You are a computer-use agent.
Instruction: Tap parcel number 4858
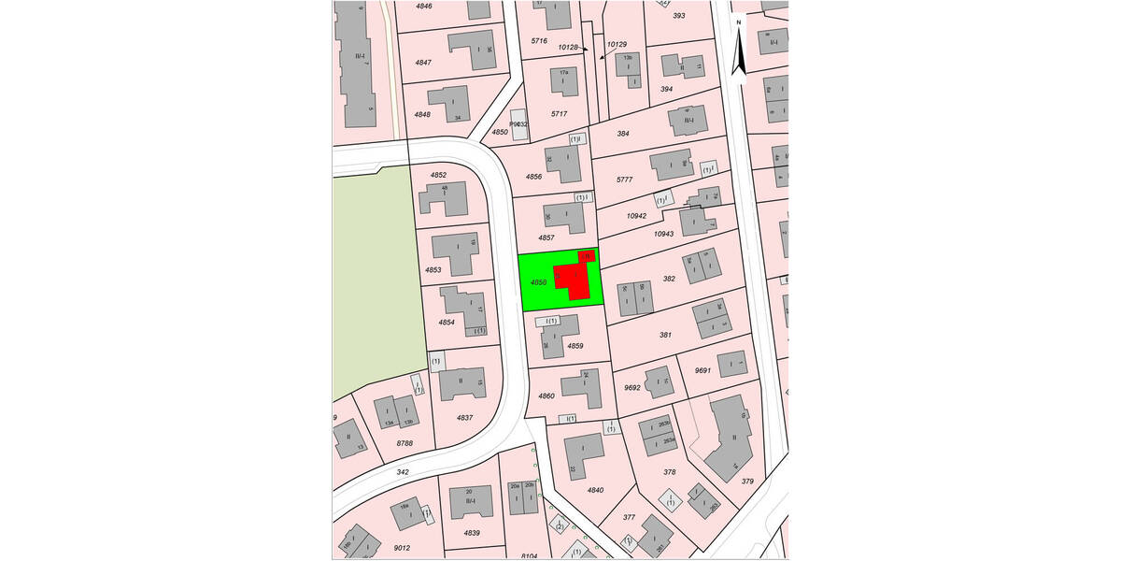tap(538, 281)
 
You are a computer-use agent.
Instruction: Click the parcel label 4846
tap(424, 7)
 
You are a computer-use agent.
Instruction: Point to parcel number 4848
tap(422, 114)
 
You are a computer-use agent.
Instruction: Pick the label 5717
tap(559, 114)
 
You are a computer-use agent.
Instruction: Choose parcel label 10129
tap(617, 44)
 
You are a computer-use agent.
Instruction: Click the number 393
tap(679, 16)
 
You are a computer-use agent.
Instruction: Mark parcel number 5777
tap(625, 180)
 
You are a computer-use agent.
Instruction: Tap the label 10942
tap(636, 216)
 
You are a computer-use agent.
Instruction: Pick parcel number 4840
tap(596, 490)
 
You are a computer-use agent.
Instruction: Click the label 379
tap(747, 482)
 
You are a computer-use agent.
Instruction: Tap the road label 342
tap(403, 473)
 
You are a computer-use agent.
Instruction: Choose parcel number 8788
tap(404, 443)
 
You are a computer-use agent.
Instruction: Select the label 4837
tap(464, 417)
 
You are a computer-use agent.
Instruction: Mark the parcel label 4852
tap(438, 176)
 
